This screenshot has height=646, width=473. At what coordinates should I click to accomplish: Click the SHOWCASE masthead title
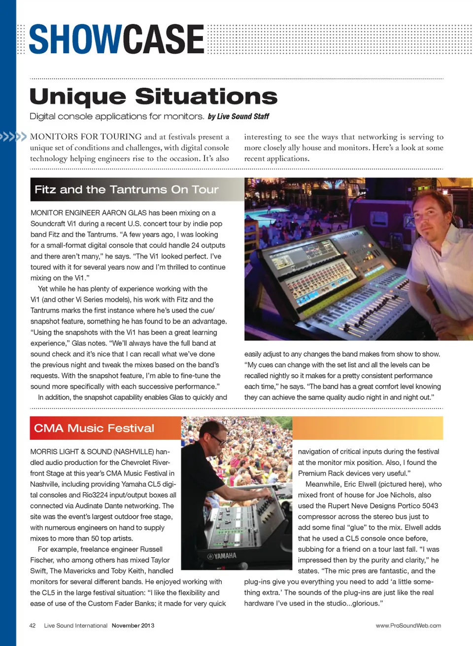coord(117,39)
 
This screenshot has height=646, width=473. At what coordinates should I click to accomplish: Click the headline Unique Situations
coord(153,97)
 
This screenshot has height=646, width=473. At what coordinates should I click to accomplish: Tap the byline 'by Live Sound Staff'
coord(238,117)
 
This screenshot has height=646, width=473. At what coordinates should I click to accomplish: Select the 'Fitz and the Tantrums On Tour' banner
coord(127,190)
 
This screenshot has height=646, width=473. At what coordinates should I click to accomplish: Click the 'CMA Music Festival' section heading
coord(94,428)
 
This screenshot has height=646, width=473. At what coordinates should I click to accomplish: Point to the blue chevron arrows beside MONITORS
coord(13,137)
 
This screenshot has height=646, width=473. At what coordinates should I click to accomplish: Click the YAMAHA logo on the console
coord(222,556)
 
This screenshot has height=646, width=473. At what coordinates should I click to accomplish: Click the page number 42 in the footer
coord(33,626)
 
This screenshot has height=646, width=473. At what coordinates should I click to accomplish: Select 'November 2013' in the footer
coord(133,626)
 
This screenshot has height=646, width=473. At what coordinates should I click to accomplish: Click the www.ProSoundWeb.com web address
coord(408,626)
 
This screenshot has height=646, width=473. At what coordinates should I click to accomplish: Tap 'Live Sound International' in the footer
coord(75,626)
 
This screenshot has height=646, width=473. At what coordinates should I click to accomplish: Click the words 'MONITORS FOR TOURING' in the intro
coord(86,137)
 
